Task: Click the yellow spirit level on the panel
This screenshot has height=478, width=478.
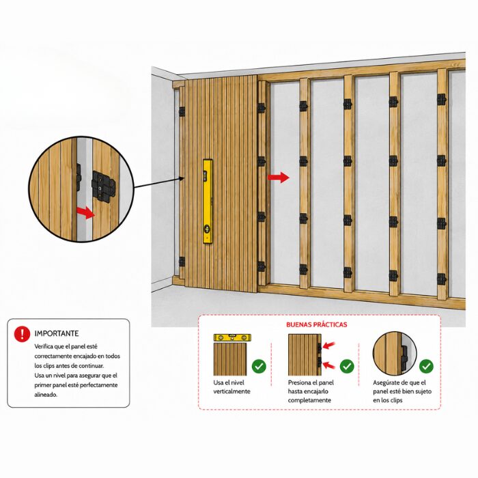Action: [x=208, y=201]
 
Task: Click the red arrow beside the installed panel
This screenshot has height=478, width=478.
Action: [x=279, y=177]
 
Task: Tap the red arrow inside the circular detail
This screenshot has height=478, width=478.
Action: [x=85, y=212]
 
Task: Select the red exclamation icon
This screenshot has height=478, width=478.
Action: [x=22, y=334]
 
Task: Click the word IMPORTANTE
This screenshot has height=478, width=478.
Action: [x=57, y=333]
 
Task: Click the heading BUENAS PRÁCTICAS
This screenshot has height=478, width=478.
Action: [x=316, y=324]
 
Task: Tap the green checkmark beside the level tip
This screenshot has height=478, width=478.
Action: [x=259, y=366]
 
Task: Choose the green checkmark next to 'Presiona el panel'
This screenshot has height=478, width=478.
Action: [x=347, y=366]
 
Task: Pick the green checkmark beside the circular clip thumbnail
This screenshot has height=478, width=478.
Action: [x=426, y=366]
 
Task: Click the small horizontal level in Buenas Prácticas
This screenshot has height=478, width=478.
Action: [x=232, y=337]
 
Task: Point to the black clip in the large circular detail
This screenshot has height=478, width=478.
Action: [x=103, y=186]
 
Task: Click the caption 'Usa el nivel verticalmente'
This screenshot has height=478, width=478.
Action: [x=231, y=387]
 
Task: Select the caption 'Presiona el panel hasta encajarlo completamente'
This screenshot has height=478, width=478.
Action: [x=311, y=391]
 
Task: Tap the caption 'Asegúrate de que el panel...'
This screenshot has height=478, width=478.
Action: [x=402, y=391]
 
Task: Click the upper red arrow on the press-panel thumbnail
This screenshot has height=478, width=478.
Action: [x=328, y=345]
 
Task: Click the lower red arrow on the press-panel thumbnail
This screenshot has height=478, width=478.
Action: [x=328, y=365]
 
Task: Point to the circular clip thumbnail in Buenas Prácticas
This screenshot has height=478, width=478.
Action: [x=395, y=353]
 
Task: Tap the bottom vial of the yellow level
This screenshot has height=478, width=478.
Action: [x=208, y=228]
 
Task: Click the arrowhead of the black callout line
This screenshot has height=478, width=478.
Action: [x=182, y=179]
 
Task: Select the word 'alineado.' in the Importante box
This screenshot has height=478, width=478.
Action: [x=46, y=395]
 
